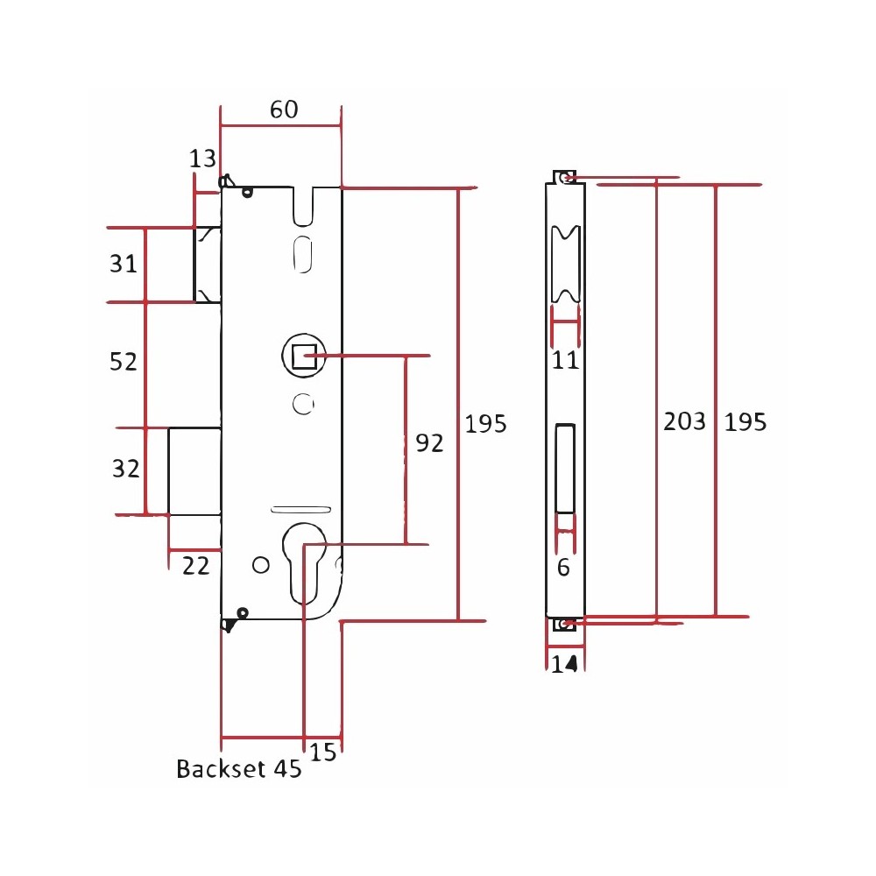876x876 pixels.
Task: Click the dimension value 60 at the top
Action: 284,109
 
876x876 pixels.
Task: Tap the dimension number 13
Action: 202,159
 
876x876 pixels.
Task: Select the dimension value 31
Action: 123,263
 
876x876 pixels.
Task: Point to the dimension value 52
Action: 123,362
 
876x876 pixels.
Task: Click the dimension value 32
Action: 125,468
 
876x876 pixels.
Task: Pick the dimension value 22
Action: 195,566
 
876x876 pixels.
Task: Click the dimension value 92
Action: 429,443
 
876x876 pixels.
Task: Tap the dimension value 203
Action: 684,421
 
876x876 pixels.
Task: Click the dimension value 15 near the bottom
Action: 323,752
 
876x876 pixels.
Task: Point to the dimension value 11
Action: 565,360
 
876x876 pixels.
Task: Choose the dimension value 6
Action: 563,568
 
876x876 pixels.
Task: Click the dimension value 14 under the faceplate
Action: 564,664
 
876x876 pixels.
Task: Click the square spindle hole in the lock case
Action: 305,356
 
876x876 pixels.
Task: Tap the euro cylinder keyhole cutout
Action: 304,563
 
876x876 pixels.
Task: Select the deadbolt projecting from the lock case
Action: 194,471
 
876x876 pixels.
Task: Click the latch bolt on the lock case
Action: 208,265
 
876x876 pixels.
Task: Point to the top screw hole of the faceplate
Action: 566,178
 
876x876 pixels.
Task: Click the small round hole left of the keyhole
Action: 261,565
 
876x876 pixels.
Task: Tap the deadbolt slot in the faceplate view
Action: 565,468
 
